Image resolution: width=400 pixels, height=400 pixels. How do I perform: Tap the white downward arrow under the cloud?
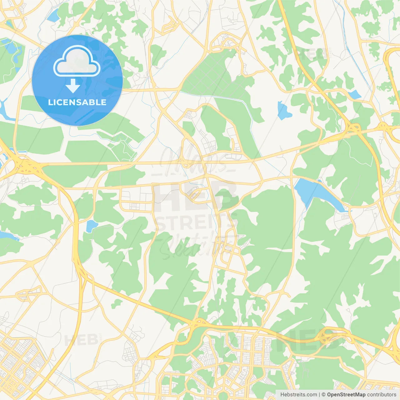(73, 86)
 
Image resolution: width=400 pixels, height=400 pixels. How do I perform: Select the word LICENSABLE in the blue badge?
(77, 102)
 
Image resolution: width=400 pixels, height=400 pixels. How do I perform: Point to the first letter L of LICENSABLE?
(50, 102)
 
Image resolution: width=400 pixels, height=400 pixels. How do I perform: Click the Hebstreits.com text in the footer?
(298, 395)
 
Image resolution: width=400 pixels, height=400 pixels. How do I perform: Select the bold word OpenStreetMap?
(346, 395)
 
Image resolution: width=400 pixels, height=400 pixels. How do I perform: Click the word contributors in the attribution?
(381, 395)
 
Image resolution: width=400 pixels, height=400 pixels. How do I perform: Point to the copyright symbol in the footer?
(323, 395)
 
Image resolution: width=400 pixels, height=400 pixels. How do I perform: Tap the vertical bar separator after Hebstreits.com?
(319, 395)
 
